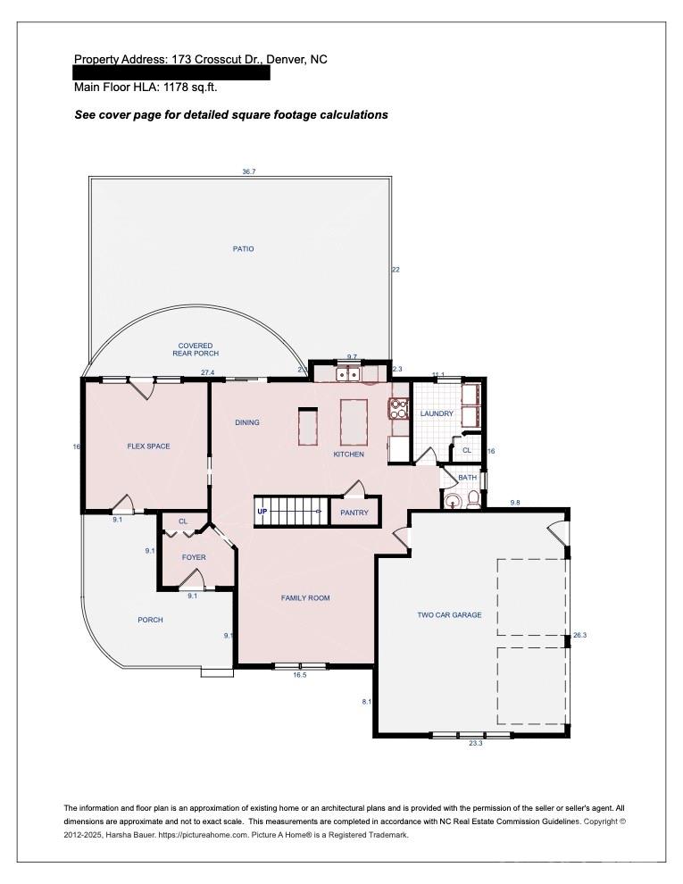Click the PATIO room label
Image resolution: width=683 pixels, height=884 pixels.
click(x=243, y=249)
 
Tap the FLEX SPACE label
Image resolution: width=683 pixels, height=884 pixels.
click(x=148, y=446)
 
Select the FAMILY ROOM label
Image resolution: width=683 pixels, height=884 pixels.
click(x=305, y=598)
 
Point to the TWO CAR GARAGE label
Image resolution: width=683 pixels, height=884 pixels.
click(x=449, y=615)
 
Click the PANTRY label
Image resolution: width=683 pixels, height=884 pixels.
click(x=354, y=513)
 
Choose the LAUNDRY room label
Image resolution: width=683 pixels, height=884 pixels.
click(x=437, y=414)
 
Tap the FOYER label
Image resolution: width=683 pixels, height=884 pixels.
click(x=194, y=557)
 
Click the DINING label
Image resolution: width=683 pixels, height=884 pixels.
click(x=247, y=422)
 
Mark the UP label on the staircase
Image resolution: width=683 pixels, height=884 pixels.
click(x=262, y=512)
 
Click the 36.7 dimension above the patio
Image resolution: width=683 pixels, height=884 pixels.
click(x=249, y=171)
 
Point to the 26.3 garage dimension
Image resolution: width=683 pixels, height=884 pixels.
click(x=579, y=635)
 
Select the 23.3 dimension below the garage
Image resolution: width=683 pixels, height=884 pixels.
click(x=475, y=743)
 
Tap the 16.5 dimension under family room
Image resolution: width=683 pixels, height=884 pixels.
click(x=299, y=675)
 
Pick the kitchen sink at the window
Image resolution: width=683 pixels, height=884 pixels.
click(x=348, y=375)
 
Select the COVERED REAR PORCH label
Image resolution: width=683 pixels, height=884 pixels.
click(x=196, y=349)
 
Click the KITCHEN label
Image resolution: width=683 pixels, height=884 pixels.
click(x=348, y=455)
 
